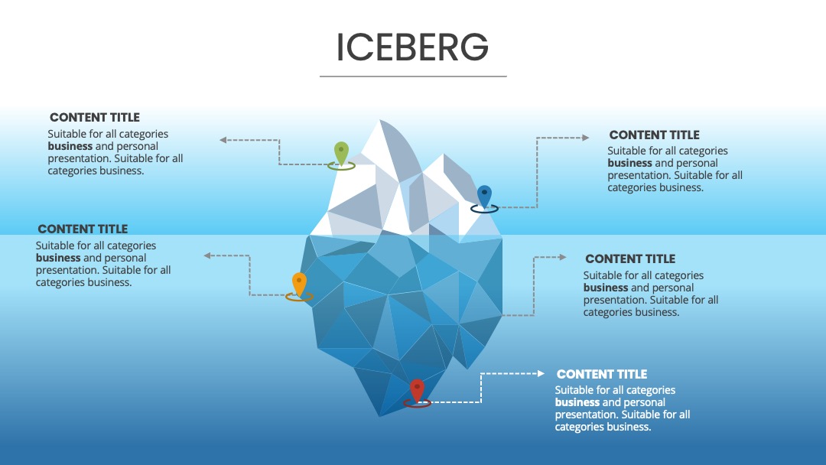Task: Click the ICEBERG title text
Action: [x=412, y=47]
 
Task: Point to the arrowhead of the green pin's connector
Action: [x=223, y=140]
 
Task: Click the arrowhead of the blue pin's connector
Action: [x=586, y=138]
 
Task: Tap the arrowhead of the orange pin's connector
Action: [x=207, y=256]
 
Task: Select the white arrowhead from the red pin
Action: [x=541, y=373]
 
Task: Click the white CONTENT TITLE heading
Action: [x=602, y=375]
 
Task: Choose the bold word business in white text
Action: [x=577, y=402]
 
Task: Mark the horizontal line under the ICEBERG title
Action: [x=413, y=76]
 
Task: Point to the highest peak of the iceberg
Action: [x=380, y=121]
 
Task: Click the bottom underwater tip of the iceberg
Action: [x=380, y=415]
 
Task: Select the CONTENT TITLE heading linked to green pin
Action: [x=95, y=118]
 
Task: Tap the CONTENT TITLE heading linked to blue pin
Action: [x=654, y=135]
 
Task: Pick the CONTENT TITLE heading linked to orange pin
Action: [x=83, y=229]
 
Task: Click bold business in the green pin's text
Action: [x=70, y=146]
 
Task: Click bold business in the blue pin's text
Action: [x=630, y=163]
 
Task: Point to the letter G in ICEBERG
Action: [x=475, y=47]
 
